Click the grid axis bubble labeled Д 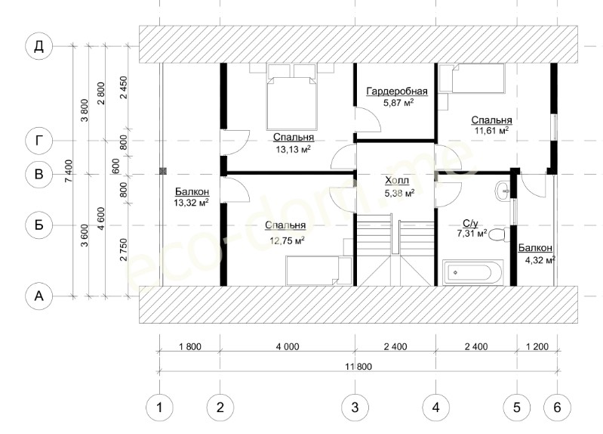[x=38, y=47]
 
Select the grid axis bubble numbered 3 [x=355, y=408]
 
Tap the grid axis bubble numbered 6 [x=557, y=408]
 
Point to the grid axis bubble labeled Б [x=38, y=225]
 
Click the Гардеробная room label [x=397, y=91]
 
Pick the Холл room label [x=397, y=181]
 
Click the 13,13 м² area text [x=294, y=149]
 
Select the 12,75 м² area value [x=288, y=241]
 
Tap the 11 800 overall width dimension [x=358, y=366]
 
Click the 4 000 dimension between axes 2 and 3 [x=288, y=346]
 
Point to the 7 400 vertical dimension [x=69, y=171]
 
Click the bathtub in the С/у [x=472, y=272]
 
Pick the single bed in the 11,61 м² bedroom [x=472, y=78]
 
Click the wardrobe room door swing [x=368, y=120]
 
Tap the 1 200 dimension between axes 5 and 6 [x=537, y=346]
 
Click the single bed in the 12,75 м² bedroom [x=318, y=271]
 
